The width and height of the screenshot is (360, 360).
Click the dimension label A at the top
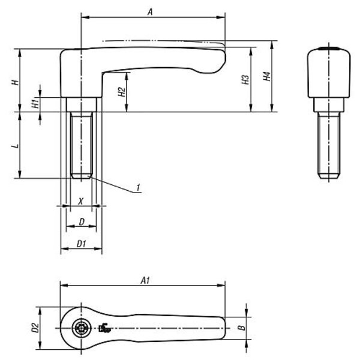point(150,12)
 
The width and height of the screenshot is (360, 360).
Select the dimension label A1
point(145,280)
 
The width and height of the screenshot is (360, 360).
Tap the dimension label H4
point(267,76)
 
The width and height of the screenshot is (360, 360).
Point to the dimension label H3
point(245,79)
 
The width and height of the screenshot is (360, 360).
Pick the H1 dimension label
point(35,104)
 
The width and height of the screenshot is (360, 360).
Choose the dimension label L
point(16,146)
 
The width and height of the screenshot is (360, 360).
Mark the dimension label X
point(80,202)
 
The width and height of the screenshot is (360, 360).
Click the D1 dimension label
point(81,244)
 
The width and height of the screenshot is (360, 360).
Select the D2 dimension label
point(35,328)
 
